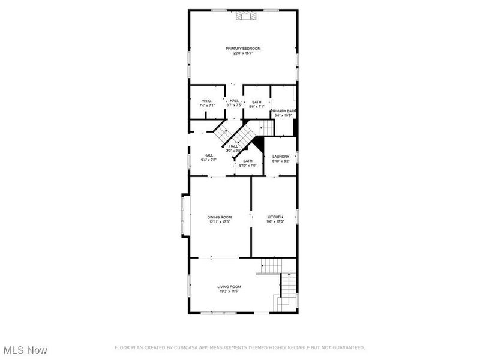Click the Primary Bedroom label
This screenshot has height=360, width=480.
coord(243,49)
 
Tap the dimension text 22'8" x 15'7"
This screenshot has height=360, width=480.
coord(243,53)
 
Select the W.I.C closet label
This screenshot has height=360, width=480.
coord(206,101)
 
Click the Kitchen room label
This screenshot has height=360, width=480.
coord(275,217)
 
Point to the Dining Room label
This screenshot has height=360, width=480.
coord(220,217)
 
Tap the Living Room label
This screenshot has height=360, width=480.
coord(229,287)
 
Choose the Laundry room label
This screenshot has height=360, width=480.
coord(281,157)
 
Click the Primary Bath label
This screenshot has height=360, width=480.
coord(283,111)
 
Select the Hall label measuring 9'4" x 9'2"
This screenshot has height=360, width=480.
coord(209,155)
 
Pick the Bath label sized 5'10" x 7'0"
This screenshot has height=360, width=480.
coord(248,161)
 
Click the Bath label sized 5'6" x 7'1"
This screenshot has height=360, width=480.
coord(256,102)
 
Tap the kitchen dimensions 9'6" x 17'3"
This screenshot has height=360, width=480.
coord(275,222)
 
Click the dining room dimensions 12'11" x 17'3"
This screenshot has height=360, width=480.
coord(220,222)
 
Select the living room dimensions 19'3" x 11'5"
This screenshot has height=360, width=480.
coord(229,292)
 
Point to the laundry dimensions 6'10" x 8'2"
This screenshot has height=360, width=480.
coord(281,161)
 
